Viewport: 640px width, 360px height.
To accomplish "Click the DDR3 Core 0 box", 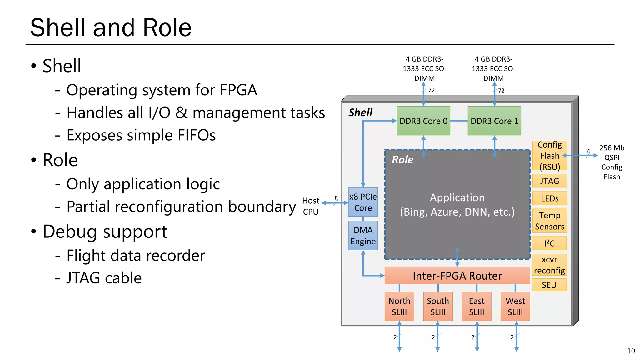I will tap(423, 121).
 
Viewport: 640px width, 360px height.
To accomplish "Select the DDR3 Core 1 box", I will tap(494, 121).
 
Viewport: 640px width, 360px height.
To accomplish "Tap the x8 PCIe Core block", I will tap(363, 202).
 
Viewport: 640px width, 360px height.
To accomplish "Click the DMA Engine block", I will tap(363, 236).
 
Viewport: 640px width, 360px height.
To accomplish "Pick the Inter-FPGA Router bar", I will tap(457, 276).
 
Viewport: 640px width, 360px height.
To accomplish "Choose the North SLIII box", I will tap(399, 306).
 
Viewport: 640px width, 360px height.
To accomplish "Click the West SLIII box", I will tap(515, 306).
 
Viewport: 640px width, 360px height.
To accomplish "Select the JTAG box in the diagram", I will tap(549, 181).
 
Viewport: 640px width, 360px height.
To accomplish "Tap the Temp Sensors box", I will tap(549, 221).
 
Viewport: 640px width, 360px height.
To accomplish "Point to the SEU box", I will tap(549, 285).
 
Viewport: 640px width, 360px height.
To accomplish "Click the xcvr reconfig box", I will tap(549, 265).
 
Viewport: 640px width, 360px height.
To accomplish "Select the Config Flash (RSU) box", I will tap(549, 156).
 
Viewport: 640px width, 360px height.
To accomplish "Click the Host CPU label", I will tap(311, 206).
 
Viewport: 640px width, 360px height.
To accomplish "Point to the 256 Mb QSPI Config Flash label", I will tap(612, 162).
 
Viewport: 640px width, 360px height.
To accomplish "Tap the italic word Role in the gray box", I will tap(402, 160).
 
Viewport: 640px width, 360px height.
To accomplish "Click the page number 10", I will tap(631, 351).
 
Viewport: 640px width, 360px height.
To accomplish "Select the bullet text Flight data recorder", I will tap(136, 256).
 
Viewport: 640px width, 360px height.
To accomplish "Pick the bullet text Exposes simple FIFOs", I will tap(141, 135).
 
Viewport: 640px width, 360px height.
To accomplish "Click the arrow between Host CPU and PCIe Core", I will tap(335, 203).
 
